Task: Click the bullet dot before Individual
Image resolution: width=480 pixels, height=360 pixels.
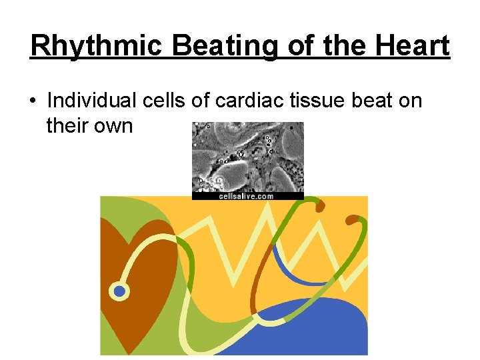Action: tap(33, 101)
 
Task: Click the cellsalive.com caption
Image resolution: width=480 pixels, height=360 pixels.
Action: tap(246, 196)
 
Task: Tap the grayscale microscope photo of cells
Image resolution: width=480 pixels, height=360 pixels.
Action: tap(247, 157)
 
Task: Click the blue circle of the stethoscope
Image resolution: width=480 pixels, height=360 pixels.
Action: tap(120, 291)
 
